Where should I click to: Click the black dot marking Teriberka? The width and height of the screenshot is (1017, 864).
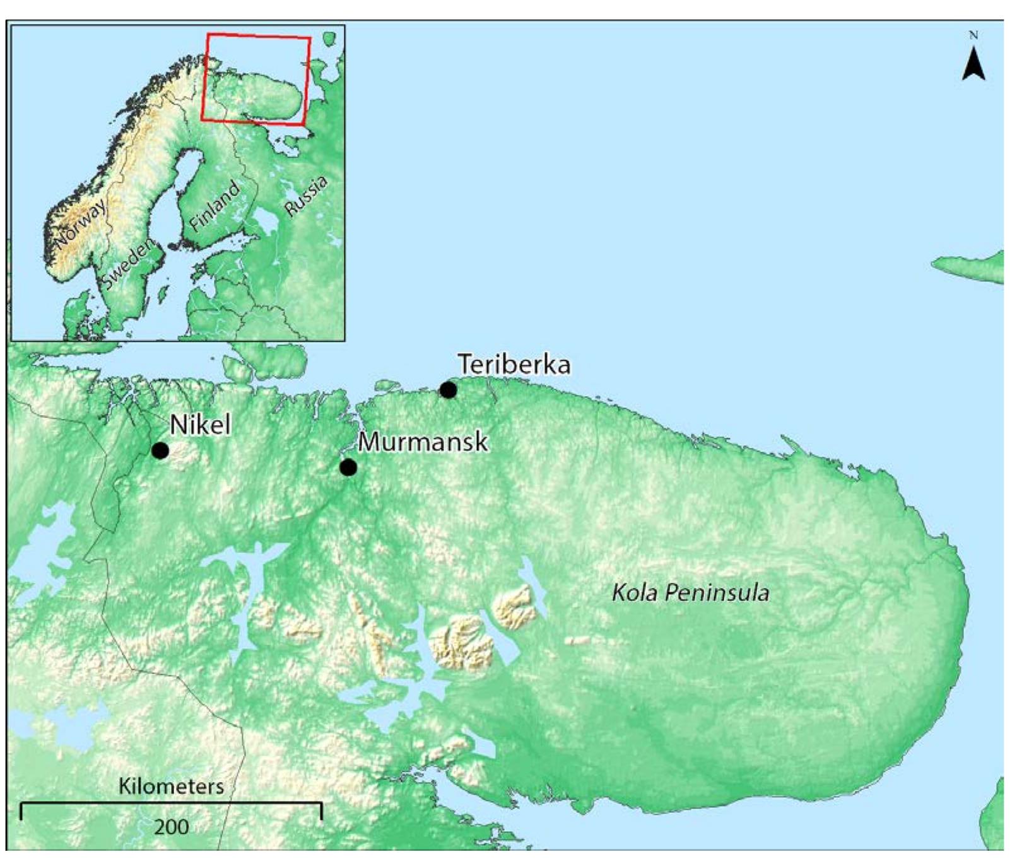point(448,390)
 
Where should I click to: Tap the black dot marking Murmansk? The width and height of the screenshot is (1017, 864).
point(348,467)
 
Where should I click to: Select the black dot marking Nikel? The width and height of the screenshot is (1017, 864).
point(160,450)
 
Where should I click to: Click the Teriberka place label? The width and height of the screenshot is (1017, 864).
point(514,365)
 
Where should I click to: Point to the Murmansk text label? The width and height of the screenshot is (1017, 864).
point(423,441)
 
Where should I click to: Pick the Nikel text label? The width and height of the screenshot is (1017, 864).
point(200,424)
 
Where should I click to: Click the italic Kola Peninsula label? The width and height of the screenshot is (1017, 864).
point(691,593)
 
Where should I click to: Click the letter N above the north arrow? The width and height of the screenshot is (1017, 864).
point(973,36)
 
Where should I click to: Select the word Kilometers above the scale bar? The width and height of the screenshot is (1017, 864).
point(171,786)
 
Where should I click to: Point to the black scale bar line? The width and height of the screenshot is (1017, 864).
point(171,803)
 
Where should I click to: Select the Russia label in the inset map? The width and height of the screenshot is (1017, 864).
point(306,196)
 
